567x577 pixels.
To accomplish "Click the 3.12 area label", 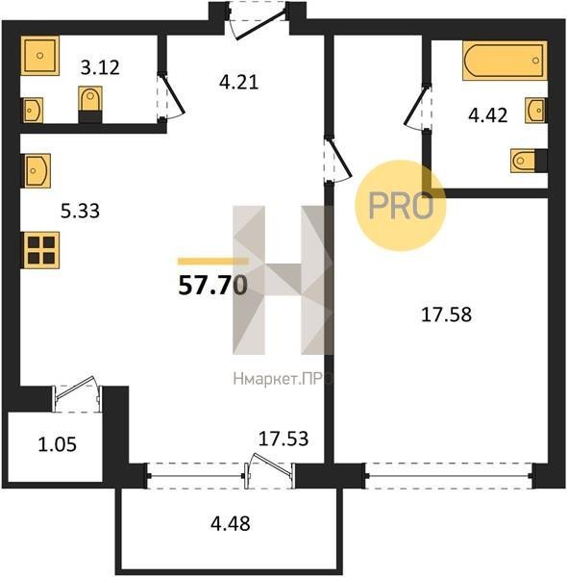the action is [100, 67].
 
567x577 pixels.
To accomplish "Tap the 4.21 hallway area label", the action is [239, 82].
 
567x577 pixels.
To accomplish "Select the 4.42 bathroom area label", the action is [488, 114].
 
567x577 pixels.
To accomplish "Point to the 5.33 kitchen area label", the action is [80, 212].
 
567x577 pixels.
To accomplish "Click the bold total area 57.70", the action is [212, 286].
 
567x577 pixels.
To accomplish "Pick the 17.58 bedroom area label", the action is [446, 315].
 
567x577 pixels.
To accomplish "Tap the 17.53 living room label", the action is [283, 439].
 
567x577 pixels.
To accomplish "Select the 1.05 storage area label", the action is [57, 444].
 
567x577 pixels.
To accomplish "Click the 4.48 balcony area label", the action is [231, 524].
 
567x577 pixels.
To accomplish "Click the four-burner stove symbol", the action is [40, 250].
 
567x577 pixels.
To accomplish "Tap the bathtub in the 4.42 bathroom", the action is [505, 61].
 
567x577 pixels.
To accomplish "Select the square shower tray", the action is [39, 56].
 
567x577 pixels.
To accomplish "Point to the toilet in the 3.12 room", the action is [90, 105].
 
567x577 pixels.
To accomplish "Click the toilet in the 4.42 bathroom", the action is [529, 161].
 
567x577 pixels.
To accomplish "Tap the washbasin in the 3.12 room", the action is [32, 110].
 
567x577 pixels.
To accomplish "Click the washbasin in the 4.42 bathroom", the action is [535, 111].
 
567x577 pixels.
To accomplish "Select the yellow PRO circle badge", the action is [400, 206].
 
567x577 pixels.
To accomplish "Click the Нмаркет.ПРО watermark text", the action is [283, 378].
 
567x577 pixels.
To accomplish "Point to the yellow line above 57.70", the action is [213, 262].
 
